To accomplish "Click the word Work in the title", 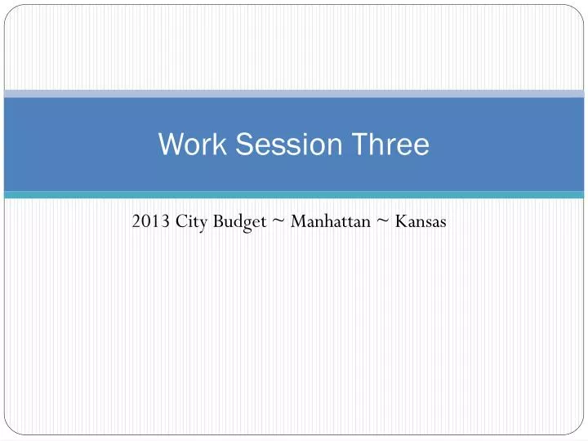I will point(187,145).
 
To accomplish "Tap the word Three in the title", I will point(391,145).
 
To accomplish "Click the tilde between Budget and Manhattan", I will point(279,220).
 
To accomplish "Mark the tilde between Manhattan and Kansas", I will point(381,220).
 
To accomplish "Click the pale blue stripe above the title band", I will point(294,94).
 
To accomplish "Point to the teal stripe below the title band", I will point(294,195).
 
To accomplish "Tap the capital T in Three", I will point(362,145).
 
